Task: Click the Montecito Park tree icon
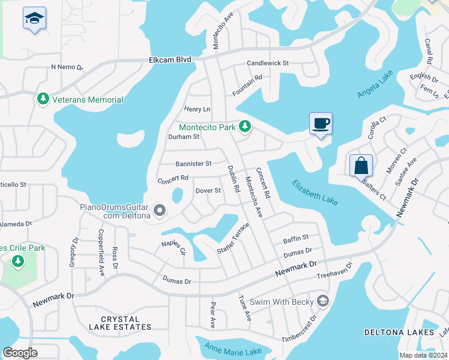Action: tap(244, 127)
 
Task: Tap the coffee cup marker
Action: tap(321, 124)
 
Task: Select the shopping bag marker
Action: tap(361, 165)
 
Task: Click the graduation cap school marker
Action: tap(34, 19)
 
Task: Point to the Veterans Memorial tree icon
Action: tap(43, 99)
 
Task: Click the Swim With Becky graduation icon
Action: tap(323, 301)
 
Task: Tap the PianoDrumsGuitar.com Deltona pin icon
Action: tap(160, 210)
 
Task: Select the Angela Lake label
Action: tap(375, 84)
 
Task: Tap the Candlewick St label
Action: tap(268, 63)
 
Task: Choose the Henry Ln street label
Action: tap(197, 109)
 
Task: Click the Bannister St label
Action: tap(193, 163)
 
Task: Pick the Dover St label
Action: tap(208, 191)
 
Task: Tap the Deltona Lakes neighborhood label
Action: tap(399, 332)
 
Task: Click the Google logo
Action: tap(20, 353)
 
